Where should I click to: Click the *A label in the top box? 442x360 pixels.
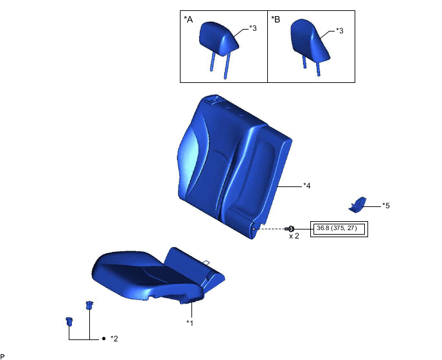click(x=188, y=20)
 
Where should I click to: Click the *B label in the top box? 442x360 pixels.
click(x=276, y=20)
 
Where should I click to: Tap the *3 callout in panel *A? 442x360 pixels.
click(x=254, y=30)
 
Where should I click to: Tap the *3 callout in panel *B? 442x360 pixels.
click(x=340, y=31)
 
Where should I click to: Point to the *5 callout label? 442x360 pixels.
click(x=385, y=206)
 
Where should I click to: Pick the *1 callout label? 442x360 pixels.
click(x=190, y=323)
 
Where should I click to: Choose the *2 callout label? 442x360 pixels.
click(x=114, y=338)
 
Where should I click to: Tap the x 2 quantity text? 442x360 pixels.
click(x=294, y=237)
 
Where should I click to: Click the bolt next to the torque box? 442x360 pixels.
click(x=290, y=229)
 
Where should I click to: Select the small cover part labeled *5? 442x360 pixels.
click(x=357, y=204)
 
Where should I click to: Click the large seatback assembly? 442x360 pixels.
click(x=231, y=167)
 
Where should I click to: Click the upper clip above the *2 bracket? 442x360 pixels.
click(x=89, y=304)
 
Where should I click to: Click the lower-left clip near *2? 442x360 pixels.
click(x=68, y=321)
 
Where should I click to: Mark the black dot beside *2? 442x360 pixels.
click(x=103, y=338)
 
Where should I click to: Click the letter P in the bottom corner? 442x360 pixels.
click(x=3, y=355)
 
